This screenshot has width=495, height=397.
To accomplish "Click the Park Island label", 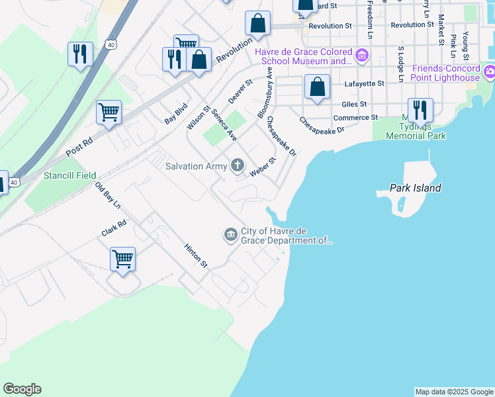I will point(415,188).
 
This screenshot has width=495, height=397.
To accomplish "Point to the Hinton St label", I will point(197,255).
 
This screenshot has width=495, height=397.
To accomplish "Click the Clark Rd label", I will point(113,229).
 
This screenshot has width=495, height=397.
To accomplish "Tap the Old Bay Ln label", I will point(107,196).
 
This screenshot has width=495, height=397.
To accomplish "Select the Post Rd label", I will point(80,147).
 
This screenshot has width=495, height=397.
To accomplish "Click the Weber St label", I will point(263,167).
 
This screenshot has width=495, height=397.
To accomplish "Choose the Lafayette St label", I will point(364,84).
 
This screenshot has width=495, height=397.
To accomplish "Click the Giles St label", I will point(354,104).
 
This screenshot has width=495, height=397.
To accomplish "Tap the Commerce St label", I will point(355,118).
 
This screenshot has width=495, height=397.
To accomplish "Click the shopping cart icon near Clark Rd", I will point(123,259).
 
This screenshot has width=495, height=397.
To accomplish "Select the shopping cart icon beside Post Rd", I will point(109,112).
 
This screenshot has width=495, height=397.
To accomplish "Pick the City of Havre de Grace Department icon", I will point(230,234).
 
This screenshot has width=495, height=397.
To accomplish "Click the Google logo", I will point(22,389).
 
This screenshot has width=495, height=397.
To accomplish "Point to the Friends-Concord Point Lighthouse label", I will point(445,73).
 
